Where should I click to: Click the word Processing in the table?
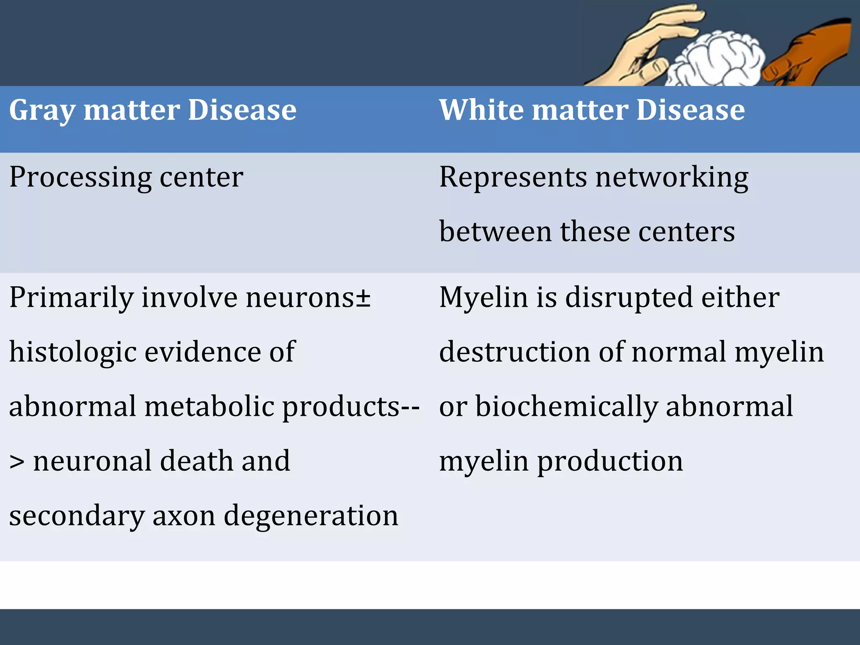[x=80, y=178]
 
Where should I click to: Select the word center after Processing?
[x=202, y=178]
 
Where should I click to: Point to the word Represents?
[x=513, y=178]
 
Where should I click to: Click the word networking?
[x=672, y=178]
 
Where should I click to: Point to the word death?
[x=197, y=461]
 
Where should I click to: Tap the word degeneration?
[x=311, y=516]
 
